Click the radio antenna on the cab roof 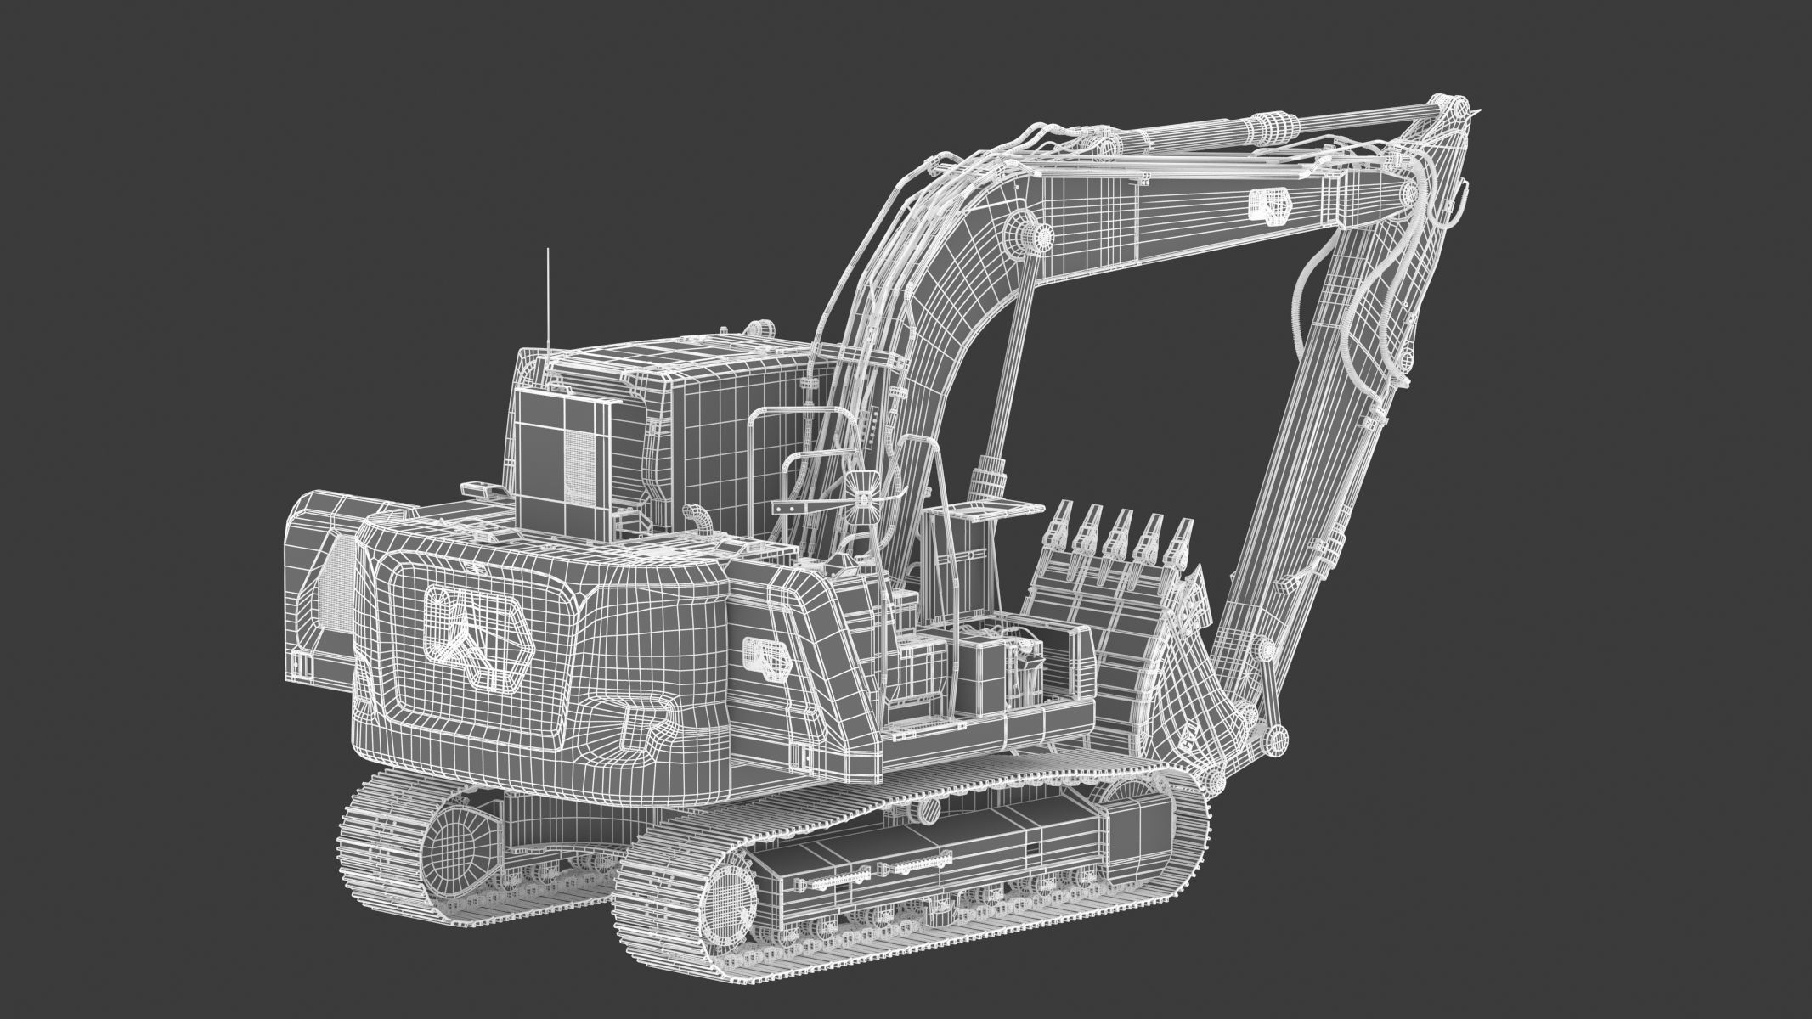548,297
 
